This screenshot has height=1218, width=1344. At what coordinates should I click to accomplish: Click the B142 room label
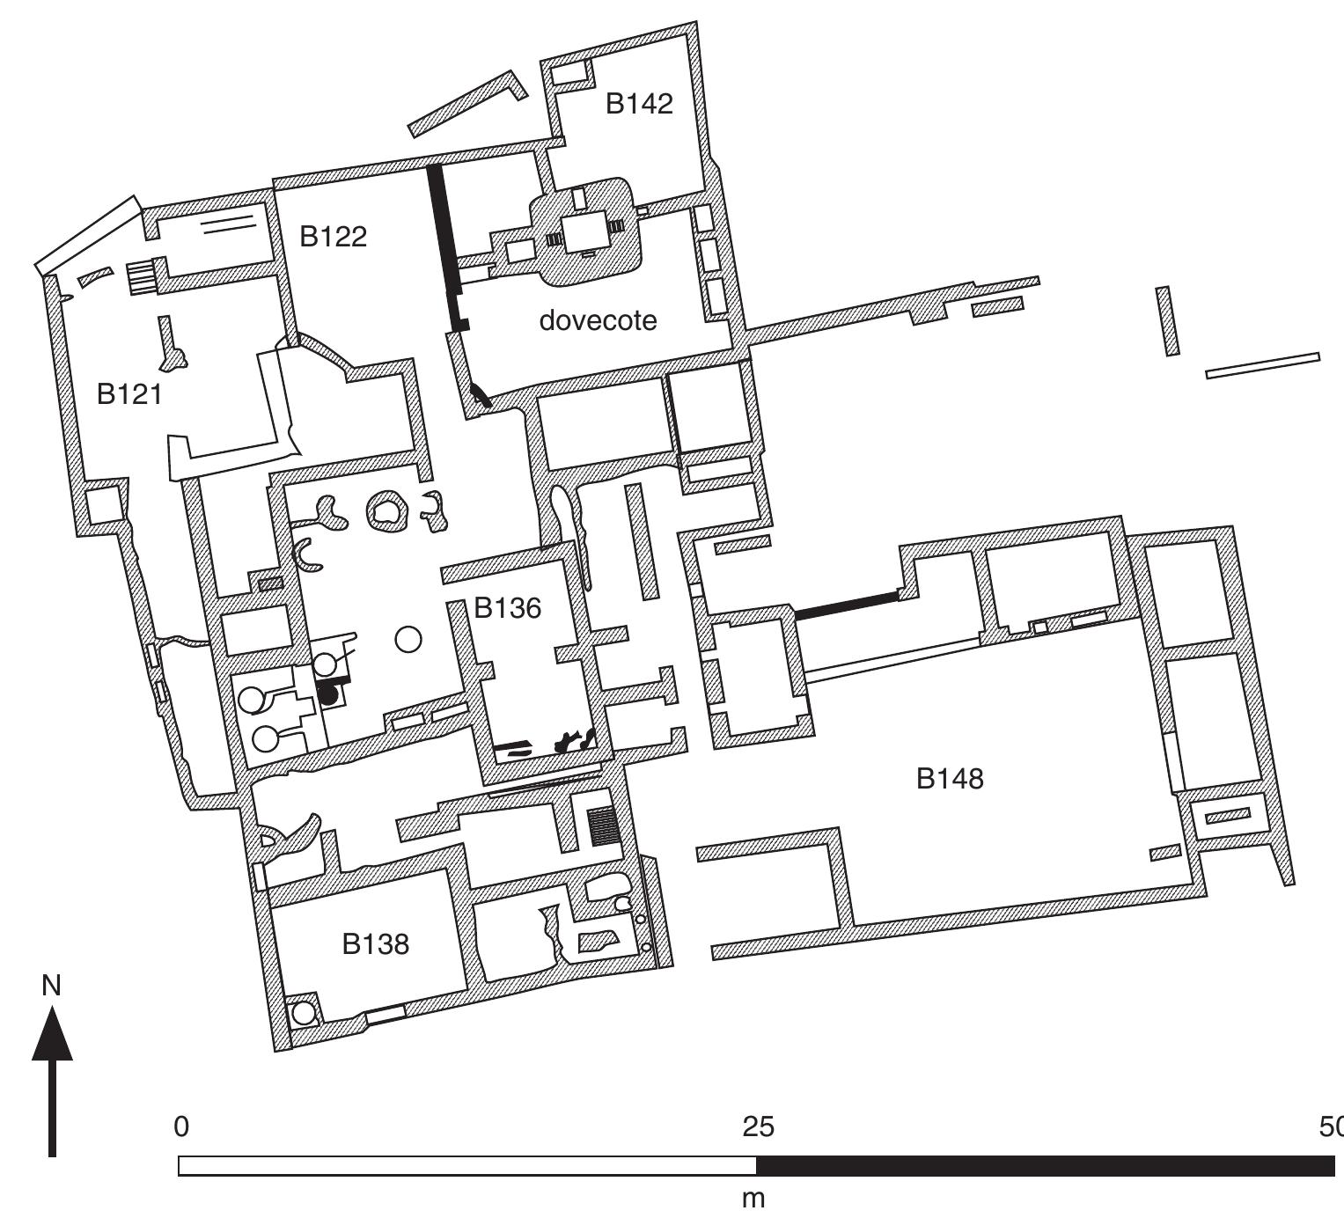click(x=639, y=104)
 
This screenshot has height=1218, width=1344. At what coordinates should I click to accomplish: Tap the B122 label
click(x=333, y=237)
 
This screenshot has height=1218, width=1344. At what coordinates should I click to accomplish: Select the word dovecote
click(x=598, y=320)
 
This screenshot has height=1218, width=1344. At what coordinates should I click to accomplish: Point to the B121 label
click(x=129, y=394)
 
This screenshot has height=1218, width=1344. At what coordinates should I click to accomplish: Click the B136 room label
click(x=507, y=608)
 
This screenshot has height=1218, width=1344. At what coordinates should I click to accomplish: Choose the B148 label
click(x=950, y=778)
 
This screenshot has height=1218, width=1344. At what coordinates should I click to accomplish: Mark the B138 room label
click(x=376, y=944)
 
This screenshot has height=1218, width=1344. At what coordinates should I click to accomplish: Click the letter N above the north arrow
click(x=52, y=987)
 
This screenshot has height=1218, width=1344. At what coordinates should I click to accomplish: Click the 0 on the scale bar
click(x=181, y=1127)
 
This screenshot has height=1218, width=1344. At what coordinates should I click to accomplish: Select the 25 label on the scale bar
click(x=758, y=1127)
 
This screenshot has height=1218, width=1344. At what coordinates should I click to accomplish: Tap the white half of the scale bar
click(x=466, y=1166)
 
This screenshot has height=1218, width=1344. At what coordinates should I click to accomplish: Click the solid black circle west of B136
click(x=328, y=695)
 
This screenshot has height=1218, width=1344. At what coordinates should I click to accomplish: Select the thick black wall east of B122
click(x=445, y=246)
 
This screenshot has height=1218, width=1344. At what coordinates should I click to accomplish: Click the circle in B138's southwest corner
click(x=304, y=1013)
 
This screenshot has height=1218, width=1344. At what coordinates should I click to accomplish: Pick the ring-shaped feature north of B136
click(x=386, y=510)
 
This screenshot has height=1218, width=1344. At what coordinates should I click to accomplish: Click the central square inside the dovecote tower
click(x=584, y=231)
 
